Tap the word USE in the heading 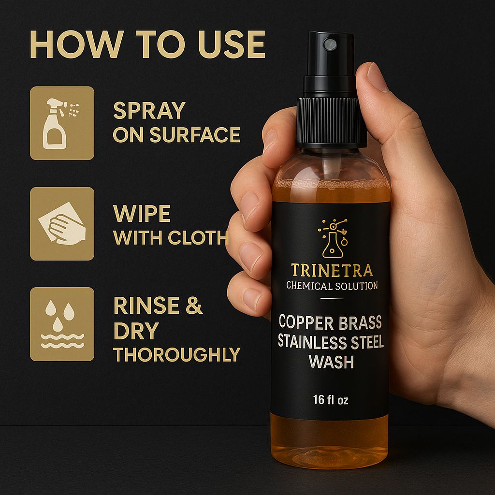coord(232,44)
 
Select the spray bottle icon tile coord(62,123)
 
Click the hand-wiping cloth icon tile coord(62,224)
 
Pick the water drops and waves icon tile coord(62,324)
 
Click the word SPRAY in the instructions coord(149,111)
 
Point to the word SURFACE coord(195,135)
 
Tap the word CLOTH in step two coord(198,237)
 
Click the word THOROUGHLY coord(177,354)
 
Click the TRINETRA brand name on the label coord(332,271)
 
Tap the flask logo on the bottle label coord(333,238)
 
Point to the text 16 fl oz coord(331,400)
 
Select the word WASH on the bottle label coord(331,362)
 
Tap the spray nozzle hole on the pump coord(330,44)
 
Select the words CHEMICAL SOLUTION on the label coord(332,286)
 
